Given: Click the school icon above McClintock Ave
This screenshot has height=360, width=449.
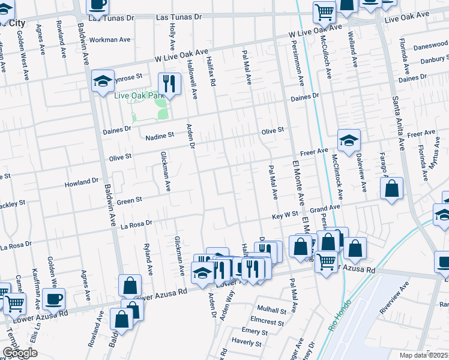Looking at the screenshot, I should (x=349, y=140).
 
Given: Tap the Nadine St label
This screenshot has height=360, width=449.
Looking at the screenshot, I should (x=160, y=136).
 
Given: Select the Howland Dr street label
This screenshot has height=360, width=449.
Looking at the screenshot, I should (x=82, y=181).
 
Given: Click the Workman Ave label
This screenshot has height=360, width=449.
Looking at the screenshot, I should (x=109, y=40).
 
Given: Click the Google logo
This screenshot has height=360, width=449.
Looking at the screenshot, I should (x=20, y=353).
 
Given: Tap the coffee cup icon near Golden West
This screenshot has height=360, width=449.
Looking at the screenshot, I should (x=53, y=298).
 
